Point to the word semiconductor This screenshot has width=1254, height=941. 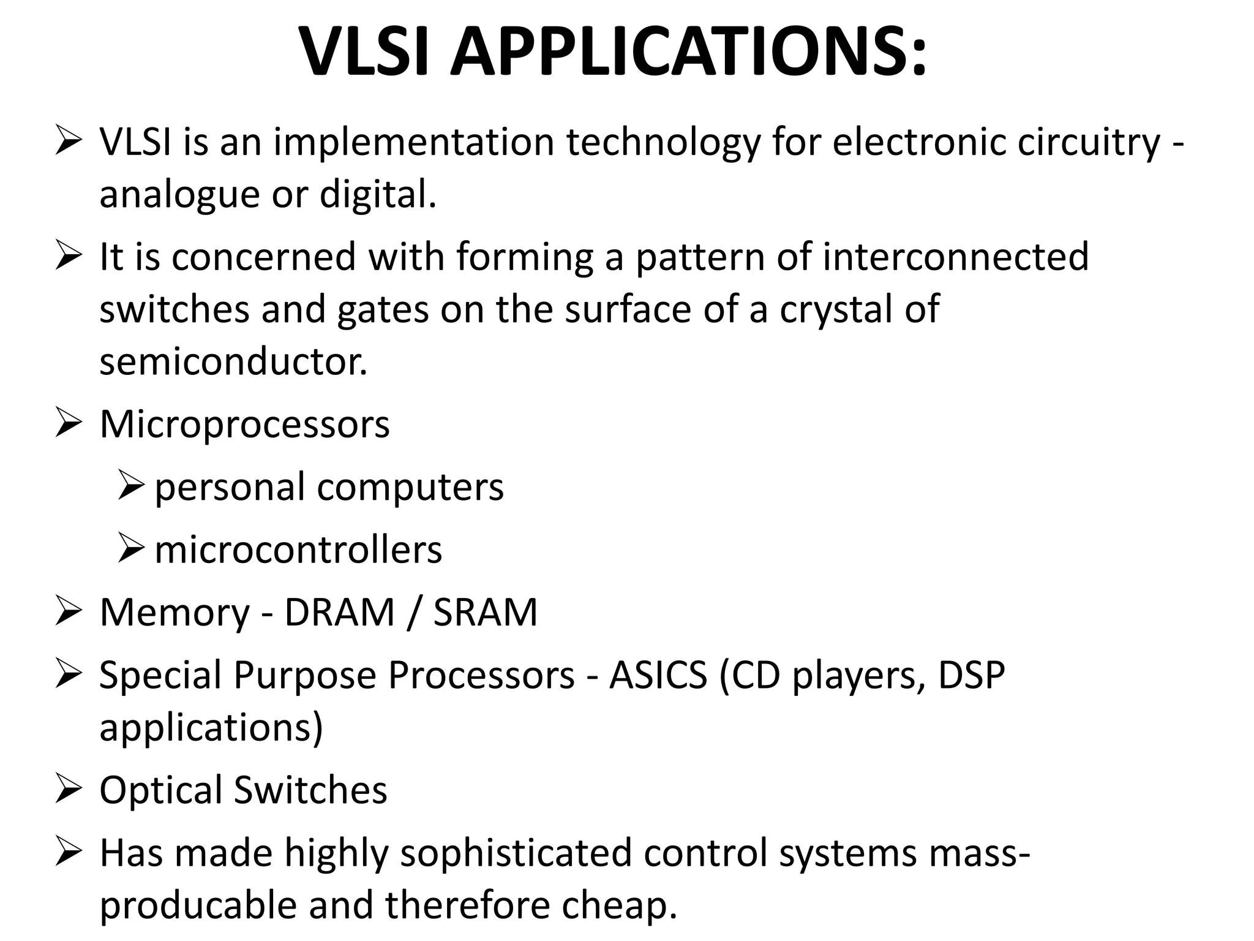[233, 362]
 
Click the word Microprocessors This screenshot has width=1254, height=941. [244, 424]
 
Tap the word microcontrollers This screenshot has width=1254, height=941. [298, 550]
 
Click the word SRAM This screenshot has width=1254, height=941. [486, 612]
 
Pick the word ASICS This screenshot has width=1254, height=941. [658, 675]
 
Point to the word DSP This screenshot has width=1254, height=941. [972, 675]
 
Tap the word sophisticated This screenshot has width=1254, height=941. [516, 853]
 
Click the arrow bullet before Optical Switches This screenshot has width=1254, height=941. [68, 789]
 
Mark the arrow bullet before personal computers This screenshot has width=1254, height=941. [130, 487]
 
